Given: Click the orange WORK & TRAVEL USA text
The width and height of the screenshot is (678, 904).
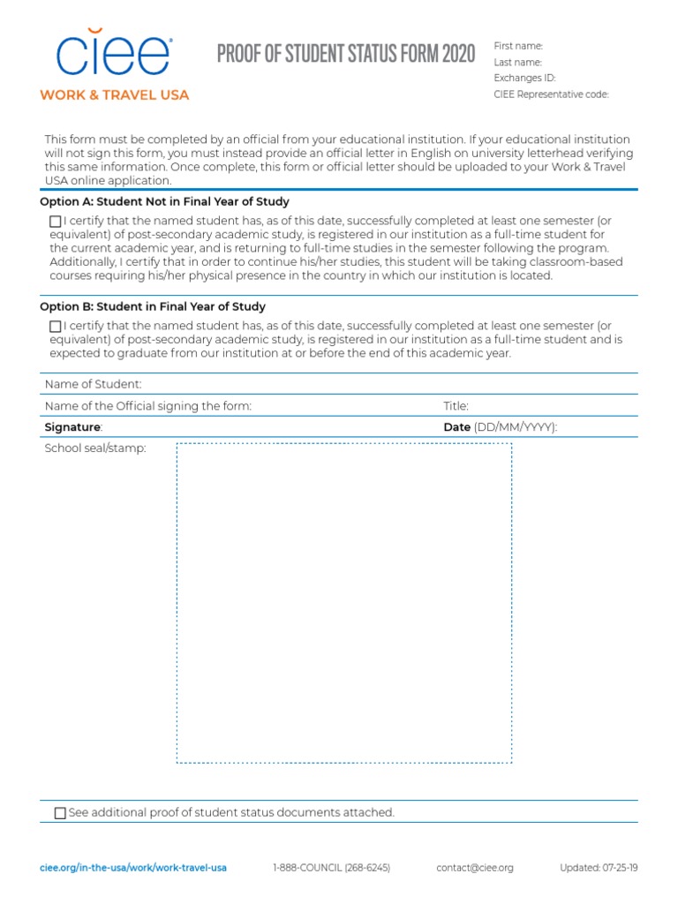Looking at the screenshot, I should click(x=114, y=94).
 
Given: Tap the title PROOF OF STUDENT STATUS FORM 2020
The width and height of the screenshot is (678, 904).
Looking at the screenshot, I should click(x=346, y=54).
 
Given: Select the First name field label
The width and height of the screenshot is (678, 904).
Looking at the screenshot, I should click(x=518, y=46).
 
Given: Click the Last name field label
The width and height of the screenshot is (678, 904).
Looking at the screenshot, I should click(x=518, y=62).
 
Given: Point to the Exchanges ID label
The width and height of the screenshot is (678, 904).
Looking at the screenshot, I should click(x=524, y=78).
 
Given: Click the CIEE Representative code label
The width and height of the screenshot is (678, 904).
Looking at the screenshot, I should click(x=551, y=94).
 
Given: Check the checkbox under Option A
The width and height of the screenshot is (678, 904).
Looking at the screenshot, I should click(x=56, y=222).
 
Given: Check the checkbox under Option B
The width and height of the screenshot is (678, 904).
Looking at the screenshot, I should click(x=56, y=327).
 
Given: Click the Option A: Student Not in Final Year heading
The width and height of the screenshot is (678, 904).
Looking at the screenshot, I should click(x=164, y=202).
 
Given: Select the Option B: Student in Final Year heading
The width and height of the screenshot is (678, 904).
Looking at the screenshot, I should click(x=153, y=306).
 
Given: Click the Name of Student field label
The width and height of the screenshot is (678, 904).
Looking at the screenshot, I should click(x=93, y=384).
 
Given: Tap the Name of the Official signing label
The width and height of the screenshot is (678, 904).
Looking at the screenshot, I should click(x=148, y=406).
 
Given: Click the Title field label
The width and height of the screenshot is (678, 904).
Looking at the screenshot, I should click(x=456, y=406).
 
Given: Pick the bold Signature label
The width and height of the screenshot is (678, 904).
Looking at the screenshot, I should click(x=73, y=427).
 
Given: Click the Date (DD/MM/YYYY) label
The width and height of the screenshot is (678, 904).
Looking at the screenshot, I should click(x=500, y=427).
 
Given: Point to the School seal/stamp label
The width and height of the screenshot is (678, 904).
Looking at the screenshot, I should click(x=95, y=448).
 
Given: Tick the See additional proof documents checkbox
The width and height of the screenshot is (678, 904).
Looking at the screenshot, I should click(x=60, y=813).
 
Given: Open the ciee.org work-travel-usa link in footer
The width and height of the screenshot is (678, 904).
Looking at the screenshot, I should click(x=133, y=868).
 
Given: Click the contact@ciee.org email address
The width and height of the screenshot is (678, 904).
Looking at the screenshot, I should click(x=474, y=868).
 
